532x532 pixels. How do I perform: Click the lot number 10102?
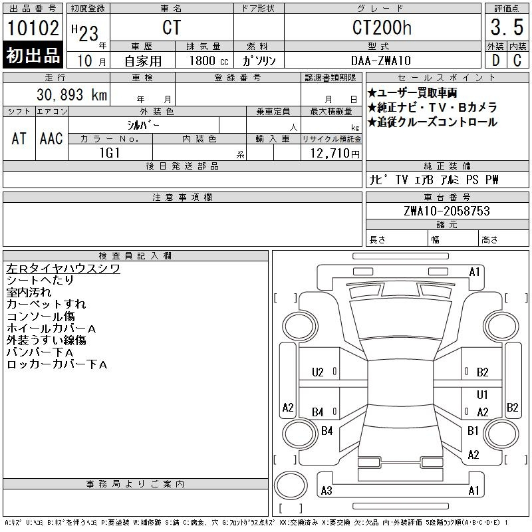point(33,28)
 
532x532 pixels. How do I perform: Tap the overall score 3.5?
point(507,27)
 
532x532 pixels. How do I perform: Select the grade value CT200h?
point(382,27)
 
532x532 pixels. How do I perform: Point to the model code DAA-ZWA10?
point(381,61)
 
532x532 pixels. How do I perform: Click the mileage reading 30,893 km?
point(72,94)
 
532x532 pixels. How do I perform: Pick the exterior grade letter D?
point(495,61)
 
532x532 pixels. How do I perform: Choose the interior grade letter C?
point(517,61)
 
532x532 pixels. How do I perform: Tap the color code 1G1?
point(110,153)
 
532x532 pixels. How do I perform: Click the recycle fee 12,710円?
point(335,154)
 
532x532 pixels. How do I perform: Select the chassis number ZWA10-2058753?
point(447,211)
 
